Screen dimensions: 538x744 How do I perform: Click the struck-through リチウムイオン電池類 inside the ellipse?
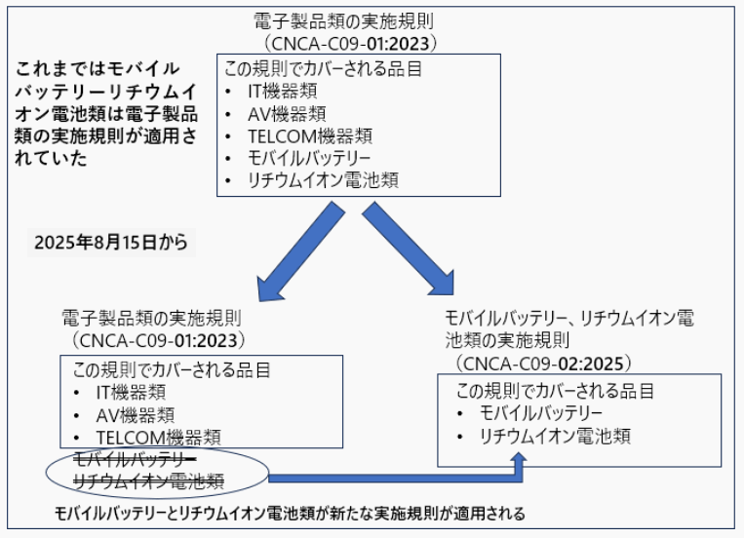point(150,480)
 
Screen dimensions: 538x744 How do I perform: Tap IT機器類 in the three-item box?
point(132,392)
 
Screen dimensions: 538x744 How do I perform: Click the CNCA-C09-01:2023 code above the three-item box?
point(157,339)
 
